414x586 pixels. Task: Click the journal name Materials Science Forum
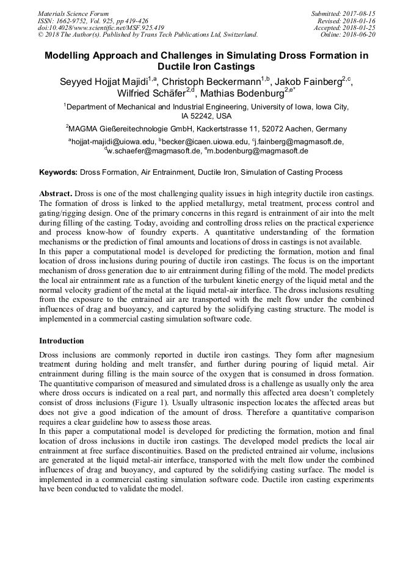click(73, 13)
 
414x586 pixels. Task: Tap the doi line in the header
click(101, 27)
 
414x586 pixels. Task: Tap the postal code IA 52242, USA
click(206, 116)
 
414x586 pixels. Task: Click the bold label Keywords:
click(58, 172)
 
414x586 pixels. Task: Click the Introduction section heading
click(62, 340)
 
